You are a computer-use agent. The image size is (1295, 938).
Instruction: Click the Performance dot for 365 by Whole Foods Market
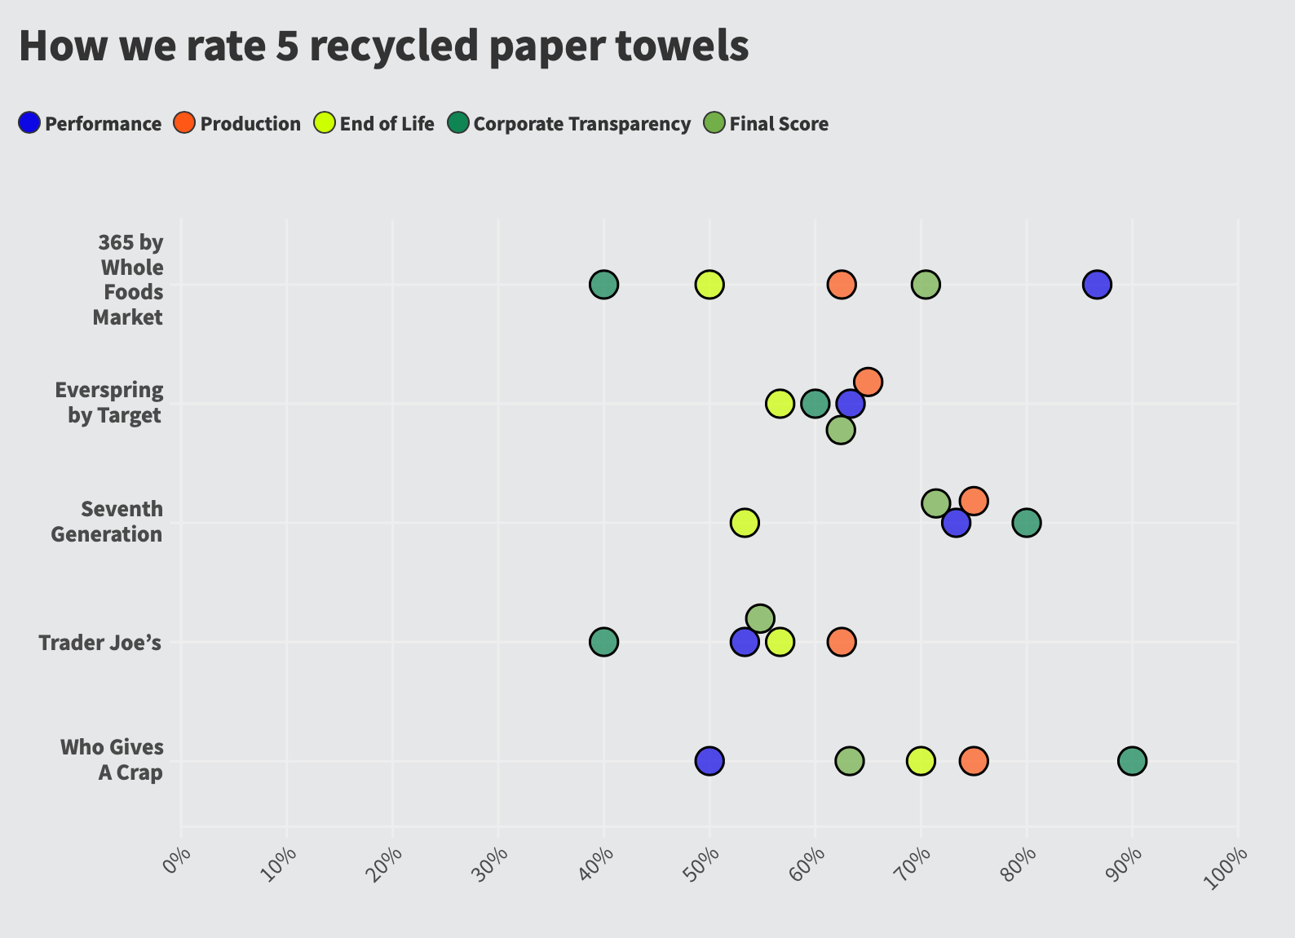tap(1097, 285)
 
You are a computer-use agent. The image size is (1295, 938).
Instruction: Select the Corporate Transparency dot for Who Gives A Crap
tap(1132, 761)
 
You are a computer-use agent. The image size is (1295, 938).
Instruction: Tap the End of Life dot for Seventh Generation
tap(744, 523)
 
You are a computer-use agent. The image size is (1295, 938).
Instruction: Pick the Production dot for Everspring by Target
tap(868, 382)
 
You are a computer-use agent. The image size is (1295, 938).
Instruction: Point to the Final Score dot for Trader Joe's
tap(759, 618)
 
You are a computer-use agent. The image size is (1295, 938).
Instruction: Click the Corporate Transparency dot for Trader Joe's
tap(603, 642)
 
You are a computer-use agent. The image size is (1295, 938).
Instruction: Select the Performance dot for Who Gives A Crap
tap(709, 761)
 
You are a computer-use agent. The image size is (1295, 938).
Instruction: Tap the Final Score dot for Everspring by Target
tap(841, 430)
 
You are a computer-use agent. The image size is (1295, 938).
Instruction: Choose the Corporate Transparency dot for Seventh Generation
tap(1026, 523)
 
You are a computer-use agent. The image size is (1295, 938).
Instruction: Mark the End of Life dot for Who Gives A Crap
tap(921, 761)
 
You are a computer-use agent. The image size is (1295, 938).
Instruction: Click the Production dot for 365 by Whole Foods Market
tap(842, 285)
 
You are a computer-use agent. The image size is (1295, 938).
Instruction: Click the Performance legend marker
tap(29, 123)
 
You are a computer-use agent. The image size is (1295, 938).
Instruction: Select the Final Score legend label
tap(779, 124)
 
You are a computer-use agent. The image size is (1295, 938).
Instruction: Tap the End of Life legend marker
tap(325, 123)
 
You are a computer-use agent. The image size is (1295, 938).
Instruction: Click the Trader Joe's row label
tap(100, 643)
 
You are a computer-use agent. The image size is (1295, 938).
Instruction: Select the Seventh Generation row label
tap(107, 522)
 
